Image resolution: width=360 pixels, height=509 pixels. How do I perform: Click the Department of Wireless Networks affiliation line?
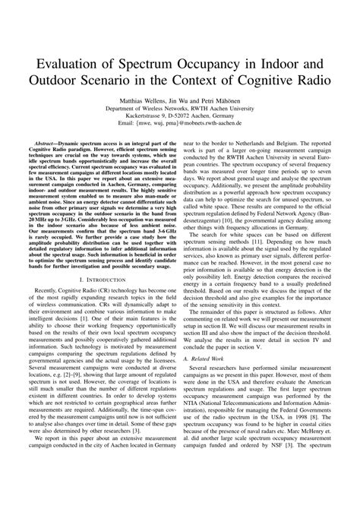(180, 109)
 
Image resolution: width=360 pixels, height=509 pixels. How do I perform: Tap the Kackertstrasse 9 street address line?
(180, 117)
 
